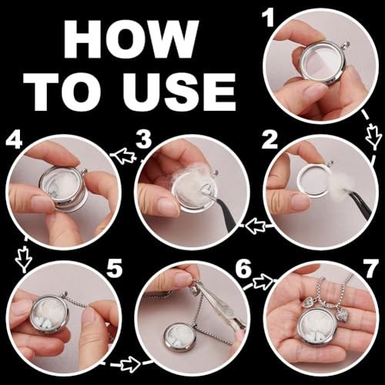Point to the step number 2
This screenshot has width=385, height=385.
click(x=269, y=140)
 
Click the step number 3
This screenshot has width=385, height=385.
click(x=144, y=139)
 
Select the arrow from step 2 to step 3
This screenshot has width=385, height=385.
click(x=256, y=226)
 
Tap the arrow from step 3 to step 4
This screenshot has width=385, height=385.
click(x=126, y=156)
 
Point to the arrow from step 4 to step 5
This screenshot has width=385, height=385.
click(x=25, y=254)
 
